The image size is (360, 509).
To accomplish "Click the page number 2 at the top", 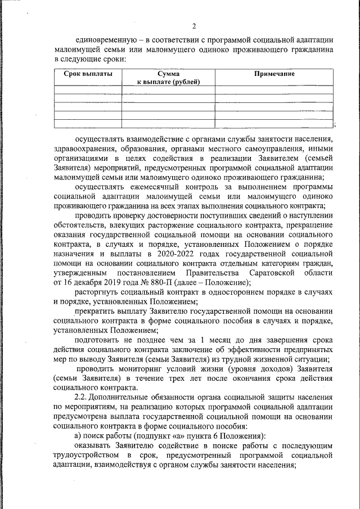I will pos(194,26).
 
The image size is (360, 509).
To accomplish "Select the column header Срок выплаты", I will pos(88,74).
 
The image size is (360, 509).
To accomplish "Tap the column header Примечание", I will pos(274,74).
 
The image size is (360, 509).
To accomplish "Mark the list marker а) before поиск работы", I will pos(79,437).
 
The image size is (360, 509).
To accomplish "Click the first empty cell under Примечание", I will pos(274,88).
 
